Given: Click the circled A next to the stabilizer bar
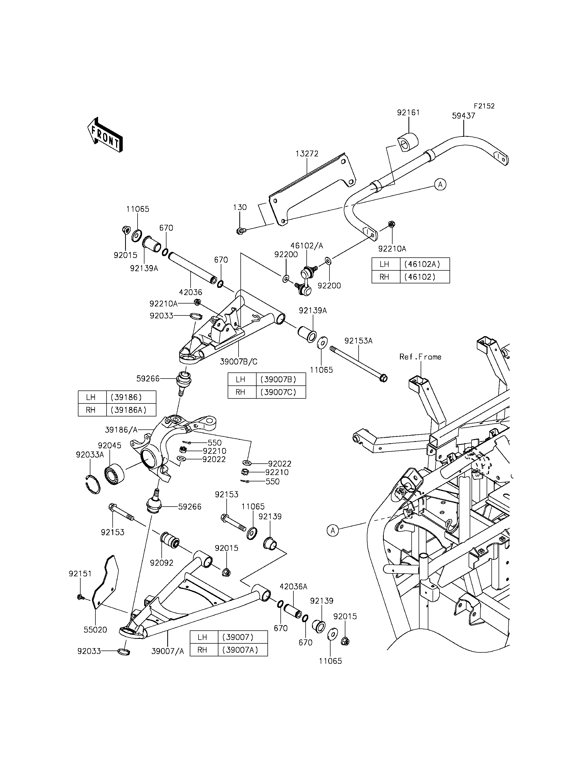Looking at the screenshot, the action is [x=440, y=184].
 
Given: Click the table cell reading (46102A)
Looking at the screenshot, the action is [x=425, y=264].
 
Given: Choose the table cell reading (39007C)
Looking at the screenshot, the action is [x=281, y=392].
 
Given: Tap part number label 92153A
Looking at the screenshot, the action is [x=358, y=341].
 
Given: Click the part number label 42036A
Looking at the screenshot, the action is [x=293, y=587].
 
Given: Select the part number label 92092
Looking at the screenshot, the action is [x=161, y=563].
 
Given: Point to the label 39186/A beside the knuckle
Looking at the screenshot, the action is [x=121, y=430].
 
